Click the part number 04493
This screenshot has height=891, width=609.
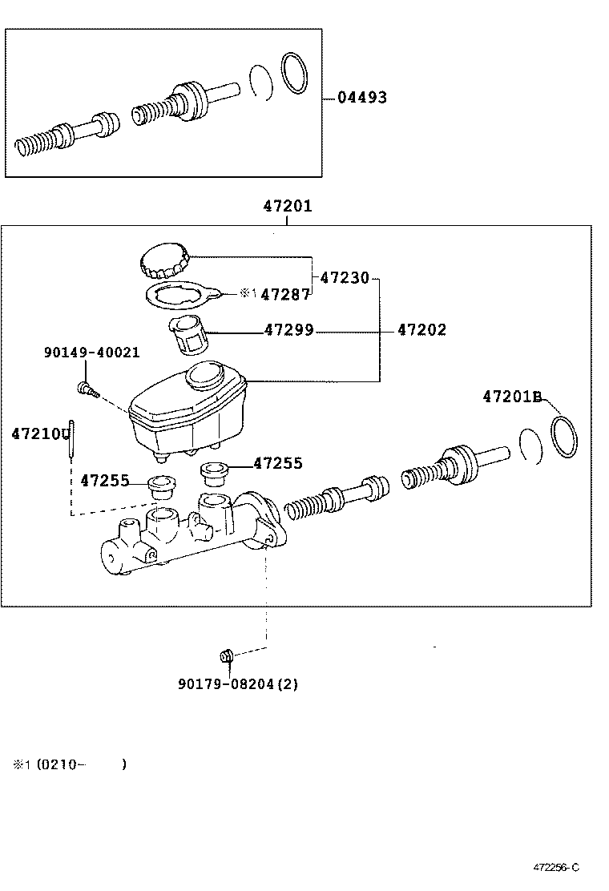[361, 98]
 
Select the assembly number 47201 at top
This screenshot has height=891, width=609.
[287, 207]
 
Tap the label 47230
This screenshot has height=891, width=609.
[345, 278]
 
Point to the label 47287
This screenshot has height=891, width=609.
[285, 294]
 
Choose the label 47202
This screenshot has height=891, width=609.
[421, 330]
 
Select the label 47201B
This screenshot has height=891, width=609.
[513, 396]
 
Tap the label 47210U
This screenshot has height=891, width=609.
[41, 433]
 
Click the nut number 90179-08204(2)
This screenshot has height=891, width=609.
[238, 684]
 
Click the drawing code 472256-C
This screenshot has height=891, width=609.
[556, 868]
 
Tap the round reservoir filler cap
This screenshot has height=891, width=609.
[166, 260]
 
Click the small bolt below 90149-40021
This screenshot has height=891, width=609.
[84, 390]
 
